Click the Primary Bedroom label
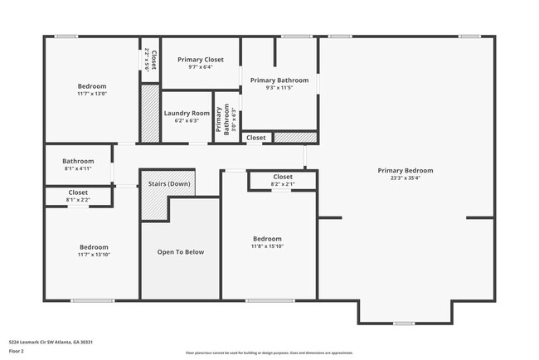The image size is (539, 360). coord(405,170)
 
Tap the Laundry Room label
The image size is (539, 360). coord(187,113)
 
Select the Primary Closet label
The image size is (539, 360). coord(200,60)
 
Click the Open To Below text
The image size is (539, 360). coord(180,252)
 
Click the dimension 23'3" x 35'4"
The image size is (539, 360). coord(405,178)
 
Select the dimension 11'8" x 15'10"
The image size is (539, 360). coord(267,246)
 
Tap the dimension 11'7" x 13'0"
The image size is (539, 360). coord(92,94)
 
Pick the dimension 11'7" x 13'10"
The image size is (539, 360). coord(93,255)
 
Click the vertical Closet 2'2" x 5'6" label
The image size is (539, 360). coord(150,61)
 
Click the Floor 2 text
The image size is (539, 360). coord(17,352)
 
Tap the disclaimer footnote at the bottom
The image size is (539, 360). coord(269,353)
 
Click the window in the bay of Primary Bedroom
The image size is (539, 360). coord(404,323)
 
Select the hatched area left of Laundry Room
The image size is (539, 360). coord(149,112)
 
